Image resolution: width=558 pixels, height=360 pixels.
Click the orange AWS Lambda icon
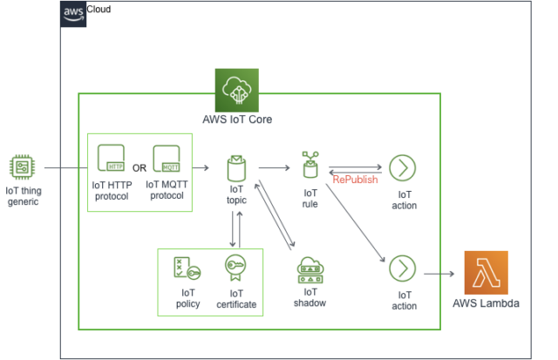pyautogui.click(x=486, y=272)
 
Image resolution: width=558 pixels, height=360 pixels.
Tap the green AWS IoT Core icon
pyautogui.click(x=237, y=91)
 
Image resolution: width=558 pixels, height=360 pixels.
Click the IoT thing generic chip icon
pyautogui.click(x=22, y=167)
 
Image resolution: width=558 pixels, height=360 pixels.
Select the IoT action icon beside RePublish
pyautogui.click(x=401, y=167)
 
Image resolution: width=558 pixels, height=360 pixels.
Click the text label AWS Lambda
pyautogui.click(x=485, y=305)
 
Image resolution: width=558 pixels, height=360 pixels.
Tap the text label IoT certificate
pyautogui.click(x=236, y=298)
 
